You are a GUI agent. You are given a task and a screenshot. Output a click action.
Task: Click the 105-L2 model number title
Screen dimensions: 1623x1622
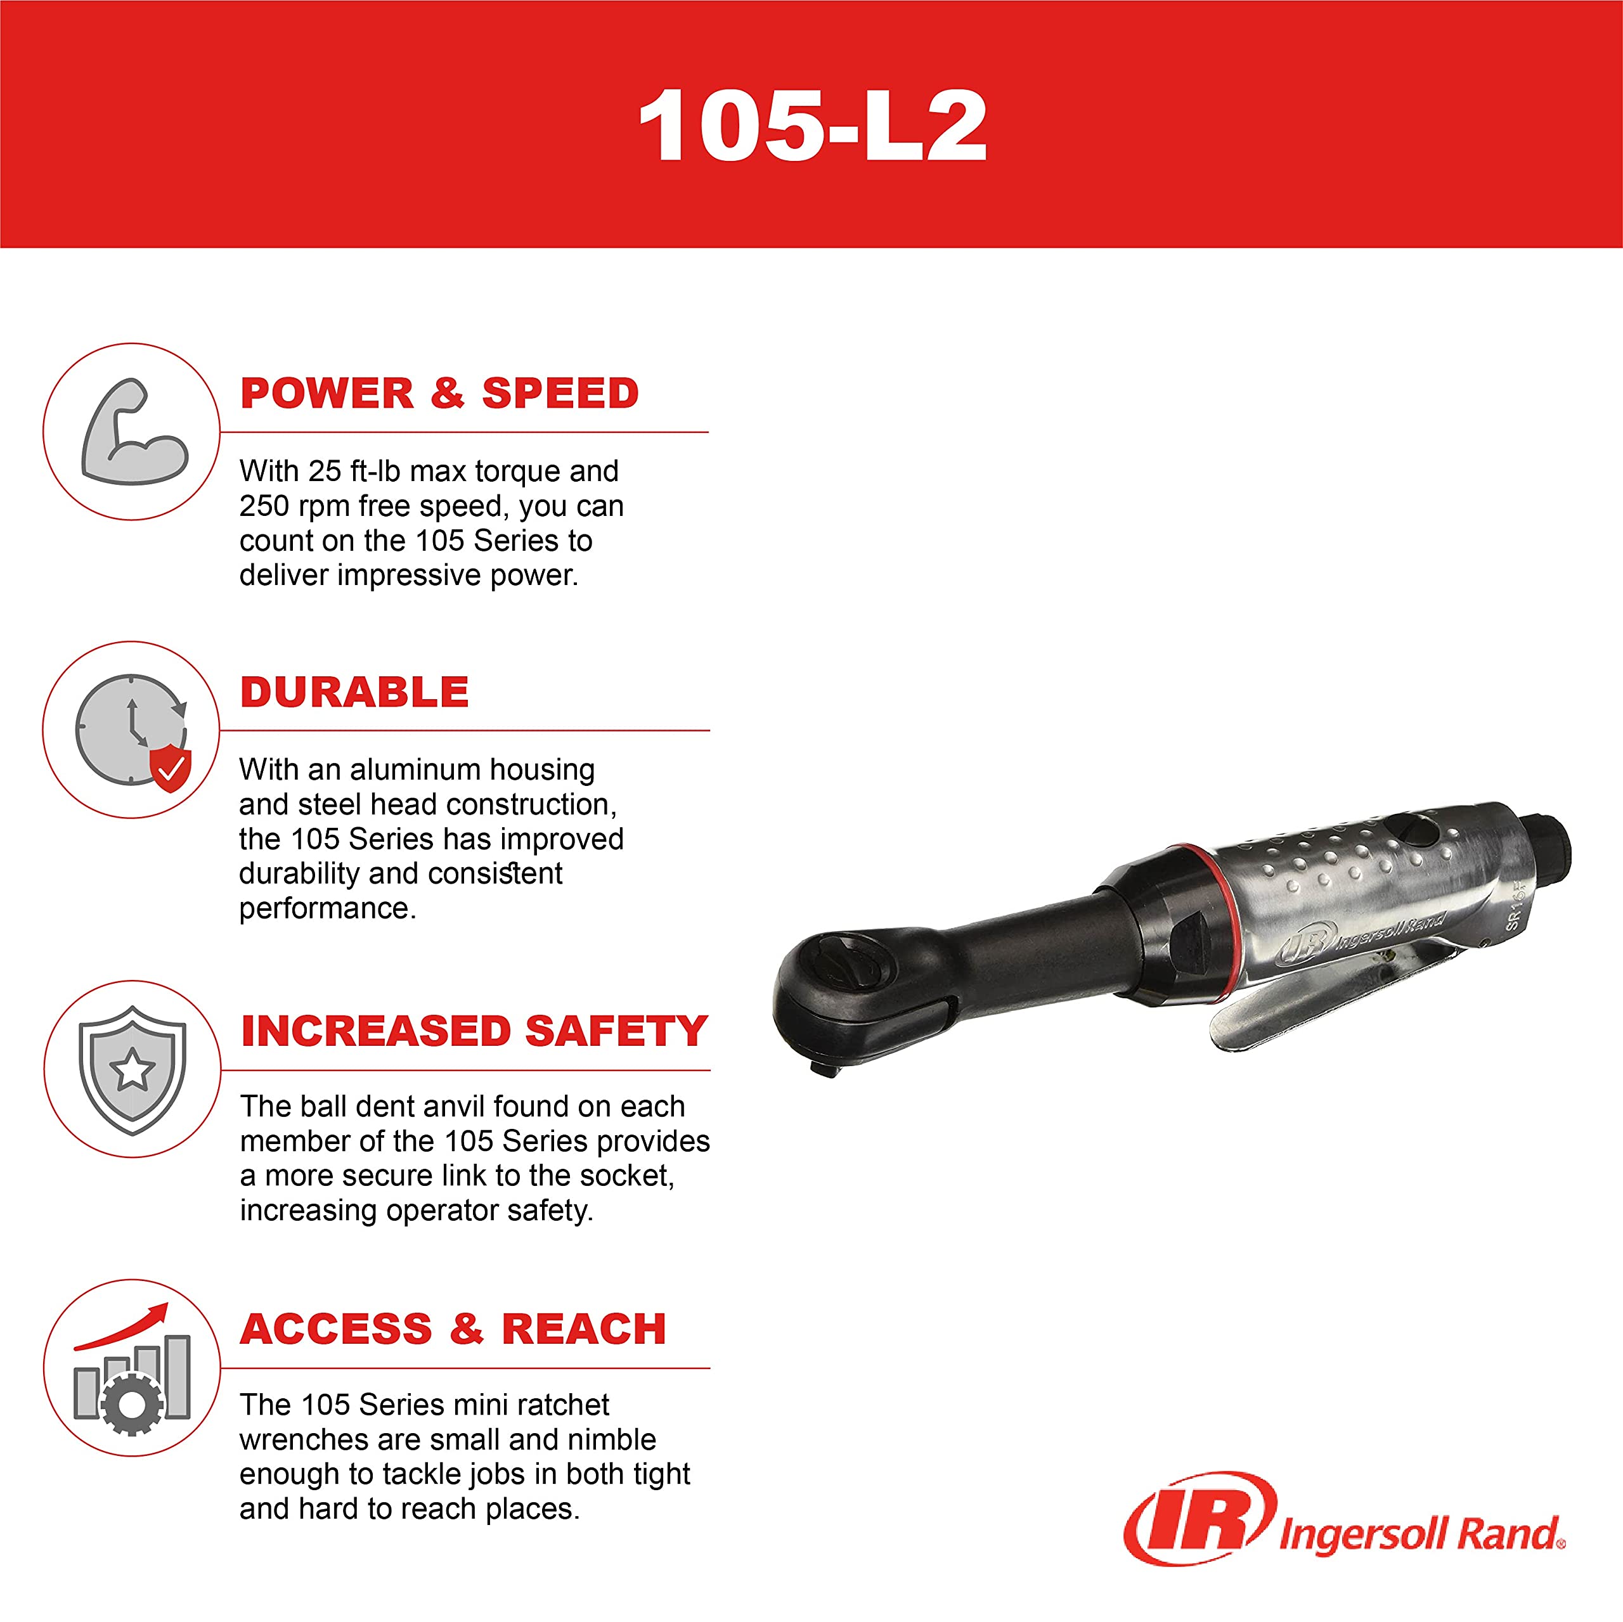812,126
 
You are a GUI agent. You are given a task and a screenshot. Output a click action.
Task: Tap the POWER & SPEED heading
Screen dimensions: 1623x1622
439,393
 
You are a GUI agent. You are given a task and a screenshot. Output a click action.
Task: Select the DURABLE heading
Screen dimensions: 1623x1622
354,692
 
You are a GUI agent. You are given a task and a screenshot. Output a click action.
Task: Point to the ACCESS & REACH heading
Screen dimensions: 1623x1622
453,1329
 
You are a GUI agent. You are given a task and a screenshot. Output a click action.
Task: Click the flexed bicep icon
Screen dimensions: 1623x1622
134,432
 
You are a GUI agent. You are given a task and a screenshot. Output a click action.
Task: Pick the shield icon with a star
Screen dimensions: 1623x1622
132,1069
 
